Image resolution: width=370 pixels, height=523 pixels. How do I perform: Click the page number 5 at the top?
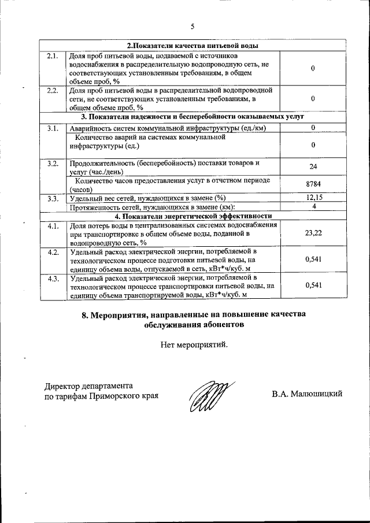[x=193, y=26]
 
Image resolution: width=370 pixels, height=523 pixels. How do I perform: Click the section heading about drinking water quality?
[x=193, y=46]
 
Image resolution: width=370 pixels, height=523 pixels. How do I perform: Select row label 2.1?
[x=53, y=55]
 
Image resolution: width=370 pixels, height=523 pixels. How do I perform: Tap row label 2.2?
[x=53, y=91]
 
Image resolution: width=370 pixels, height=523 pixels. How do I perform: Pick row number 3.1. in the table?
[x=53, y=128]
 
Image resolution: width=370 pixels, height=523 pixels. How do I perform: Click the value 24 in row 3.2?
[x=312, y=167]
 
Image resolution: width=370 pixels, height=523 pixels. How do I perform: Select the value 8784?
[x=312, y=184]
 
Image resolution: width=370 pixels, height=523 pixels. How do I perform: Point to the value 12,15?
[x=312, y=198]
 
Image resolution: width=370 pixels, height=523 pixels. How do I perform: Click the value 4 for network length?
[x=312, y=206]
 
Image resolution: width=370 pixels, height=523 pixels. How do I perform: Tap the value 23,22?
[x=312, y=233]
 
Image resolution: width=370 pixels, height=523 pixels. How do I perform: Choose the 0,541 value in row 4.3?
[x=312, y=285]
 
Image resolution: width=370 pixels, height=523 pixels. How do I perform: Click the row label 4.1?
[x=53, y=225]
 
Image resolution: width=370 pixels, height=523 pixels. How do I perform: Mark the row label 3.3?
[x=53, y=199]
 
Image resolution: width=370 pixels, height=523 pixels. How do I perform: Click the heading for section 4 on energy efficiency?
[x=193, y=216]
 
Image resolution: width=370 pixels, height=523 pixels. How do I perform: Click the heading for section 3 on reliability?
[x=193, y=117]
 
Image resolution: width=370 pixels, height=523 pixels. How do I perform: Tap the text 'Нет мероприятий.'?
[x=194, y=345]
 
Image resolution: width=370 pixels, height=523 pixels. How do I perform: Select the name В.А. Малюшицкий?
[x=307, y=394]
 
